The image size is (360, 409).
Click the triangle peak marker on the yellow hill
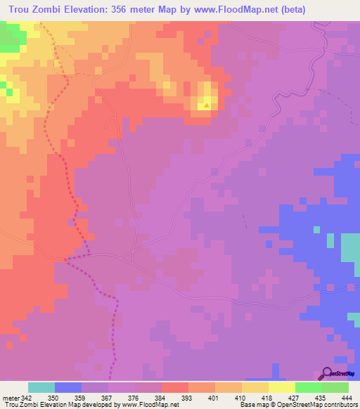(x=207, y=106)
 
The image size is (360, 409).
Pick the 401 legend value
(x=202, y=398)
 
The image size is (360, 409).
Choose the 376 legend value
(x=122, y=398)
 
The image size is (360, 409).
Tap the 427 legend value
(x=282, y=398)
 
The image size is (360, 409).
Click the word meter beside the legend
(x=11, y=398)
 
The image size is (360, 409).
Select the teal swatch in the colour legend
(x=41, y=387)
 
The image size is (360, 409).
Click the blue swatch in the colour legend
(x=68, y=387)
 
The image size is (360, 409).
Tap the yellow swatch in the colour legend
(x=282, y=387)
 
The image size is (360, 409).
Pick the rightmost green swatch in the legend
(x=335, y=387)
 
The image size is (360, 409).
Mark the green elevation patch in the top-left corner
(x=9, y=39)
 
